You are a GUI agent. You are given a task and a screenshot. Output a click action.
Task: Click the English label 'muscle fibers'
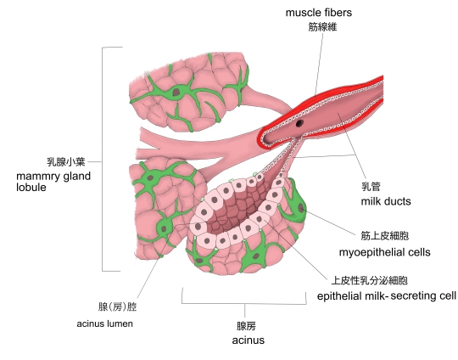coord(318,13)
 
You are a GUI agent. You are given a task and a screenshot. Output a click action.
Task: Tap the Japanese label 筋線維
coord(322,27)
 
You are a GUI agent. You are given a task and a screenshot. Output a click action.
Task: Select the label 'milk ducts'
coord(386,201)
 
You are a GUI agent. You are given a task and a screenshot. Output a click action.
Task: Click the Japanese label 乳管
coord(371,186)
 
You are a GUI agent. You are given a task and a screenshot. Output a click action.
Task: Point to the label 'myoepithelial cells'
coord(384,252)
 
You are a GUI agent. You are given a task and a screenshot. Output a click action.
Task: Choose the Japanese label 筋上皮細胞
coord(385,236)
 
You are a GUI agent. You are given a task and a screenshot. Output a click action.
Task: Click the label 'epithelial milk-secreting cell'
coord(387,296)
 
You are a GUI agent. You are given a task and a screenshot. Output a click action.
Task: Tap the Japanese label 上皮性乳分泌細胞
coord(369,280)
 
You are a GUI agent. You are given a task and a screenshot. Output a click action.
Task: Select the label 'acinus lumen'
coord(104,323)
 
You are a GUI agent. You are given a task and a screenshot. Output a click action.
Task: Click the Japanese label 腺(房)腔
coord(117,307)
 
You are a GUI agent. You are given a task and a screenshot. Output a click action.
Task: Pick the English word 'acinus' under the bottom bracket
coord(248,340)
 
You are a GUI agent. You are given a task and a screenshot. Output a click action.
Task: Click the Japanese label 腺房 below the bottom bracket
coord(246,326)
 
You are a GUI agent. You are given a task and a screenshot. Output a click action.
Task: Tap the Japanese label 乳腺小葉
coord(66,161)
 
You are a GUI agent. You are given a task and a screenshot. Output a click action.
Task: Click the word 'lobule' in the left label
coord(31,187)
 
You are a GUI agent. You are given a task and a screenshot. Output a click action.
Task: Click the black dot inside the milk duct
coord(299,123)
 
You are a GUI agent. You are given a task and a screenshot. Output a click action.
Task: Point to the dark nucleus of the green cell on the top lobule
coord(176,92)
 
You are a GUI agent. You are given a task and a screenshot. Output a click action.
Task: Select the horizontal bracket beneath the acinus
coord(244,303)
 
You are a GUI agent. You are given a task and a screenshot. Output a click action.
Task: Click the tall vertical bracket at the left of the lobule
coord(103,159)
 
